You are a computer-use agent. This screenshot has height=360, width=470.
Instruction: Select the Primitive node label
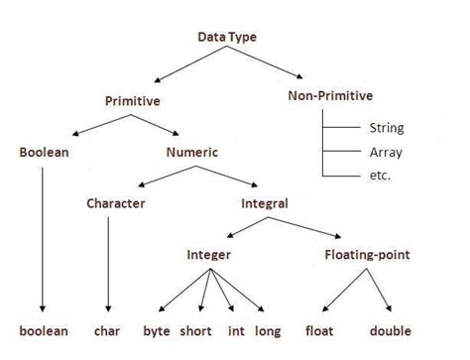coord(133,100)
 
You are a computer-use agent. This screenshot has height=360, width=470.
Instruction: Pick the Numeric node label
coord(191,153)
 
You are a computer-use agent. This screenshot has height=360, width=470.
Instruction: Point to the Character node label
coord(115,203)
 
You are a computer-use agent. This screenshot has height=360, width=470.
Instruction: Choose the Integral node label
coord(265,203)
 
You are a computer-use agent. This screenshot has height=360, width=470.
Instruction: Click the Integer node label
coord(208,255)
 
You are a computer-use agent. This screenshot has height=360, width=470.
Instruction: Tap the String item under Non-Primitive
coord(385,128)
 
